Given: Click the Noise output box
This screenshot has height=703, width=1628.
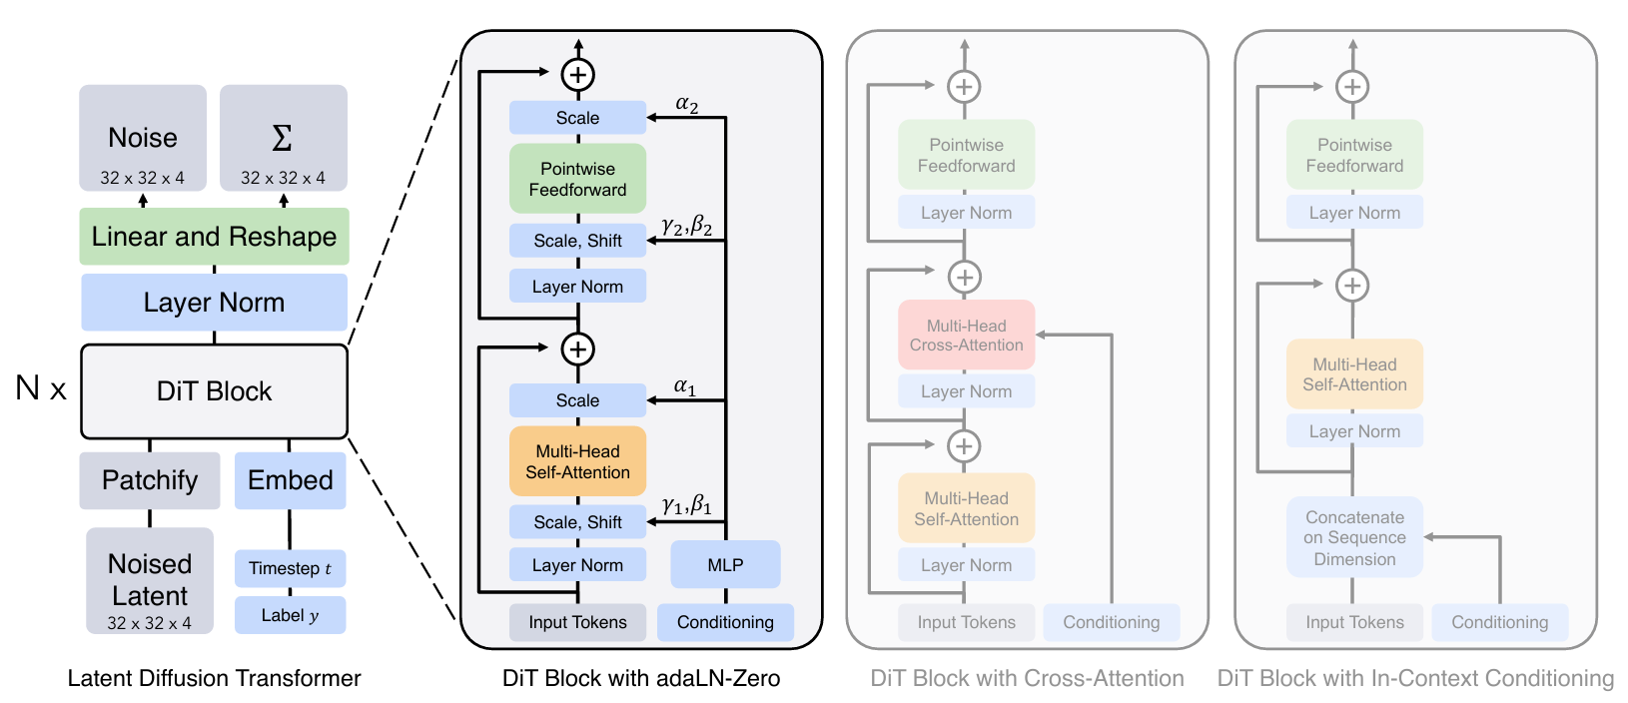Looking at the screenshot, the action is click(143, 138).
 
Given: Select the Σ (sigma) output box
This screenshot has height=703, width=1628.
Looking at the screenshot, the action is click(284, 138).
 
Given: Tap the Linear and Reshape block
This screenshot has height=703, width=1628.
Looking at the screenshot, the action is click(215, 237).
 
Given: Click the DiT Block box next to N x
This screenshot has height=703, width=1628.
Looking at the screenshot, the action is click(215, 391).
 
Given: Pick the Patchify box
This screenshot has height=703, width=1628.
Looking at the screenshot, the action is click(150, 480).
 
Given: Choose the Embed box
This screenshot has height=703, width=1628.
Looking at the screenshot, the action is click(290, 480).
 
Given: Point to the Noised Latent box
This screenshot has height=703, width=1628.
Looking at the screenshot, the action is click(150, 581).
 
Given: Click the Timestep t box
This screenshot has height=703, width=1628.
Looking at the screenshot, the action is click(290, 568).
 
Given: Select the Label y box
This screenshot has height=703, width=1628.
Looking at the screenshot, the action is click(290, 616).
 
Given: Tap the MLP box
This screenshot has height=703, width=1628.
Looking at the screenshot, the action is click(725, 565).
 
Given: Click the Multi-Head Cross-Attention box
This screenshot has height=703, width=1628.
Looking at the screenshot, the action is click(967, 336).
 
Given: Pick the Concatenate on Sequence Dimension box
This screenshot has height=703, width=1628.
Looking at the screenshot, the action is click(1354, 538).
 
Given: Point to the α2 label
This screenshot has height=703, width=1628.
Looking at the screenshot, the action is click(687, 104).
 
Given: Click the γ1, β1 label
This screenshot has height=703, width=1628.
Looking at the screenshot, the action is click(687, 504).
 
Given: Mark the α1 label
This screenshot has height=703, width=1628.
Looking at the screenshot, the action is click(684, 386).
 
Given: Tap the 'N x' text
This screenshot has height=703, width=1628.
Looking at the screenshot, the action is click(41, 388).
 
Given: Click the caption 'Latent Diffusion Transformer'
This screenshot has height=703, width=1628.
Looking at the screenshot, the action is click(215, 678).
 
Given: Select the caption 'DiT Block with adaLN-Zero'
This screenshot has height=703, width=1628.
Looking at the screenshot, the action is click(641, 678).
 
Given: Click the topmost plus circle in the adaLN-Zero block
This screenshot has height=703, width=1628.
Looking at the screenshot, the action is click(578, 74).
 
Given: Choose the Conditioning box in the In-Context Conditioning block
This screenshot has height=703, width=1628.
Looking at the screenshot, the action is click(1500, 622).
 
